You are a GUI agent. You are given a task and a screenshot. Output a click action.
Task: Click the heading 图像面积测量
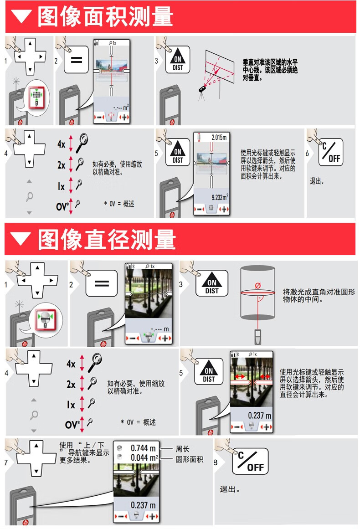pos(105,17)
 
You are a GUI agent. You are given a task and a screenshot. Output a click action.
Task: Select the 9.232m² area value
pos(219,197)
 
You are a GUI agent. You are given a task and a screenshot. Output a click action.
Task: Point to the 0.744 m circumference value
pos(143,448)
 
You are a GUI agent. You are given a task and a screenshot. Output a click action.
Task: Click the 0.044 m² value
pos(144,457)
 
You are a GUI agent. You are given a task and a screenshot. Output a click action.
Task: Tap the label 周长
pos(182,449)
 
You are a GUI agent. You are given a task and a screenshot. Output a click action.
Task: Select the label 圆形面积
pos(189,459)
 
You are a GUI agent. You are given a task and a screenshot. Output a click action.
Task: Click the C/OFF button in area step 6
pos(330,153)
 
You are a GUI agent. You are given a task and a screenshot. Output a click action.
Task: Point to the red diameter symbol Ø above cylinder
pos(258,285)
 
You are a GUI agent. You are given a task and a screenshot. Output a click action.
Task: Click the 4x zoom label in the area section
pos(62,144)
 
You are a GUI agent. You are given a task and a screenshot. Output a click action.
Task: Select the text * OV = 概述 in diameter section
pos(138,422)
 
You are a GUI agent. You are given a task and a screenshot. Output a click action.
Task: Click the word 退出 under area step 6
pos(317,181)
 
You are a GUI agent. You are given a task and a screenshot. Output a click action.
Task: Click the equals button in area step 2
pos(76,60)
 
